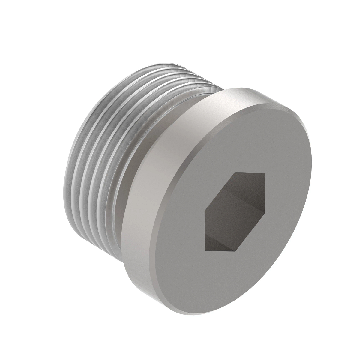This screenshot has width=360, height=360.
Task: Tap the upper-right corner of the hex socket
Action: (265, 174)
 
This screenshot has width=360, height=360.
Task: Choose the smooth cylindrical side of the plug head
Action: (144, 210)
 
